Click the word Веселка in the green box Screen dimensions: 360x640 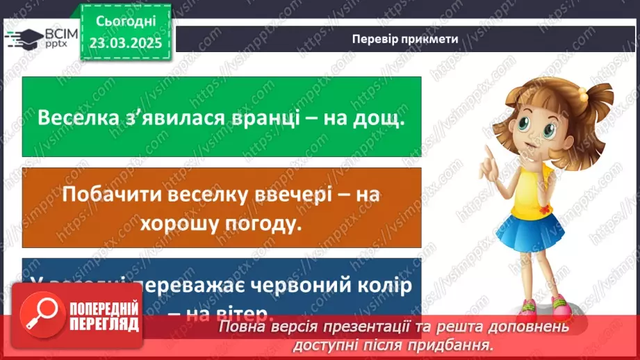tap(78, 117)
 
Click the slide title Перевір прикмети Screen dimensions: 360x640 tap(404, 39)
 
